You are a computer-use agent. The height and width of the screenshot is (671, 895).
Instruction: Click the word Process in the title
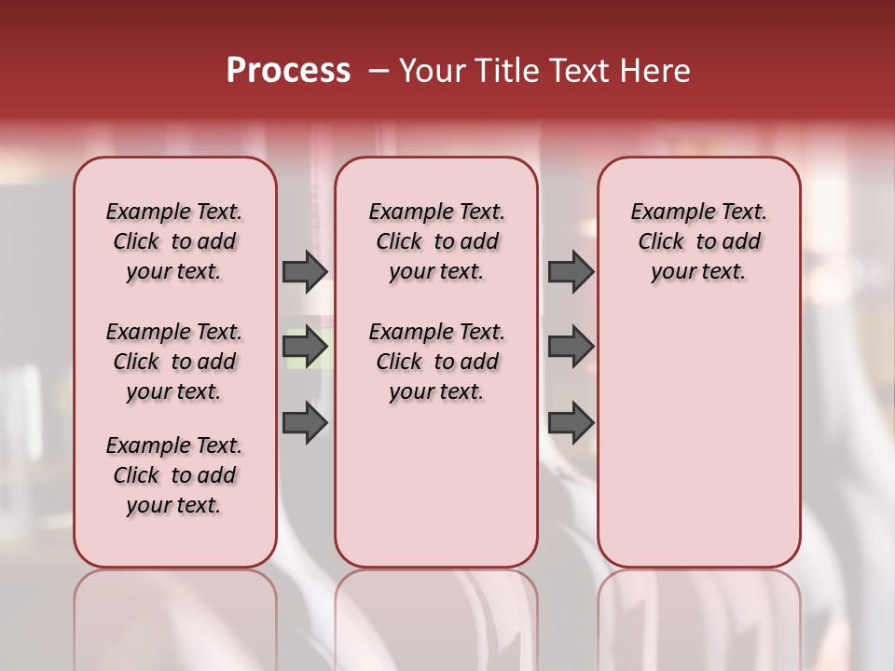(x=288, y=71)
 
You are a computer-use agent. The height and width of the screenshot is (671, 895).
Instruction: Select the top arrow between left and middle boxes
(x=305, y=271)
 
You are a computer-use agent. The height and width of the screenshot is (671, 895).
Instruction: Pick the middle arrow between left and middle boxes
(x=305, y=347)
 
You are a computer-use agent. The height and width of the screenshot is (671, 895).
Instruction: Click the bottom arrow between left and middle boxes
(x=305, y=423)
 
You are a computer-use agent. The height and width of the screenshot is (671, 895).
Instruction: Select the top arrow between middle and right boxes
(x=571, y=271)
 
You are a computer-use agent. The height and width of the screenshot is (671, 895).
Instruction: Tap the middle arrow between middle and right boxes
(x=571, y=347)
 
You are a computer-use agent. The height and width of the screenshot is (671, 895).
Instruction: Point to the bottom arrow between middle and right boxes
(x=571, y=423)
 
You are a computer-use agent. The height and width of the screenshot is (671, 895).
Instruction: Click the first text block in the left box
(x=174, y=241)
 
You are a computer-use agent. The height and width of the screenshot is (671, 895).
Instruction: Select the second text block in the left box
(x=174, y=362)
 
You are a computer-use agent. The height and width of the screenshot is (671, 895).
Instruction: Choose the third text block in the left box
(x=174, y=475)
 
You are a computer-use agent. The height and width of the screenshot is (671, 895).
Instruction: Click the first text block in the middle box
(x=436, y=241)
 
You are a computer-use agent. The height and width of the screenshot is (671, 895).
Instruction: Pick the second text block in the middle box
(x=436, y=362)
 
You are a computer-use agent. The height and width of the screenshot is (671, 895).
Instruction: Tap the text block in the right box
(x=698, y=241)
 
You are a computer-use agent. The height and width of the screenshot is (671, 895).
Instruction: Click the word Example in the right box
(x=666, y=212)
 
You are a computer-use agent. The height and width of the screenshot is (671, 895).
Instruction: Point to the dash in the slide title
(x=379, y=71)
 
